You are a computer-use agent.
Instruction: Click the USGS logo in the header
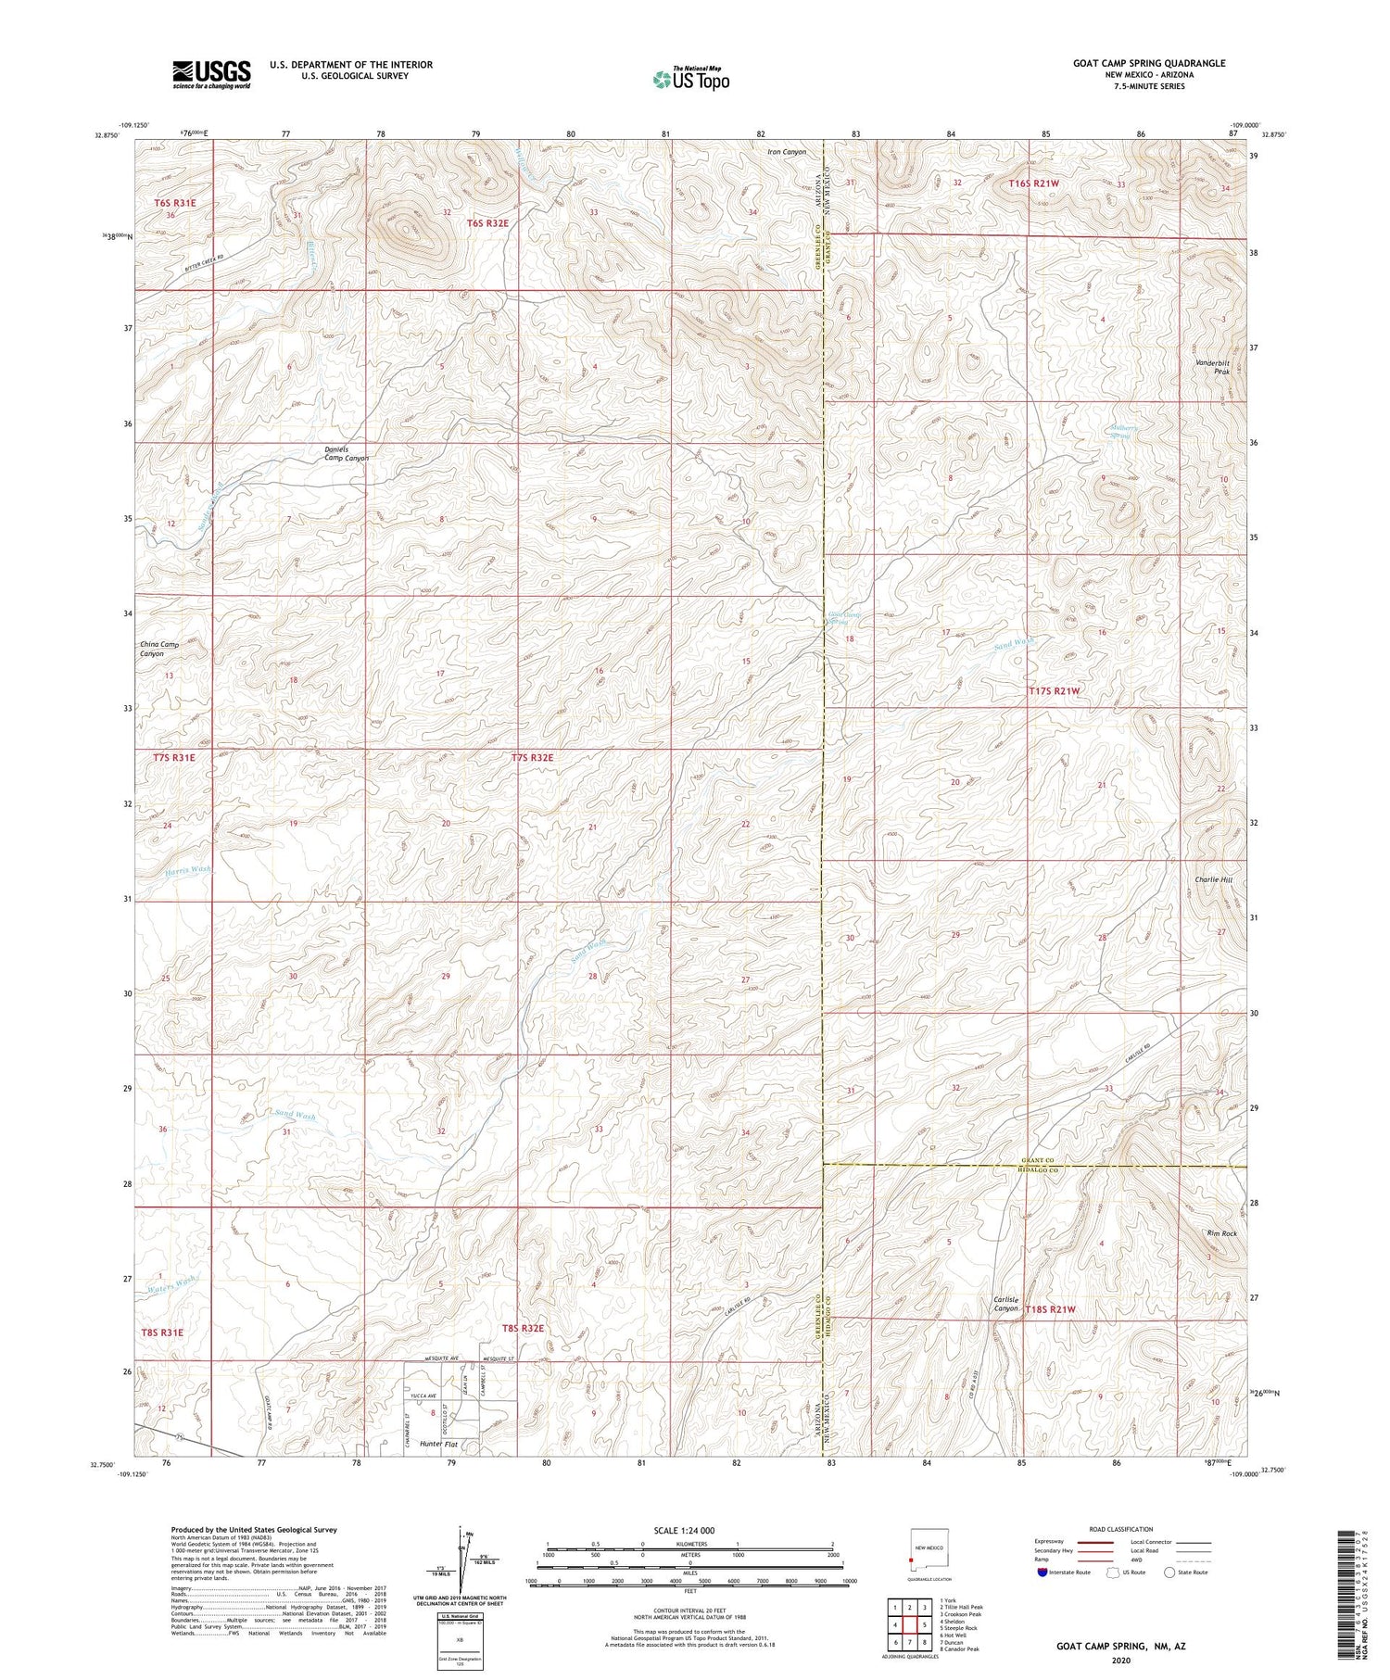(x=211, y=74)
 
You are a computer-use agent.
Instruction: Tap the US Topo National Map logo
(x=690, y=79)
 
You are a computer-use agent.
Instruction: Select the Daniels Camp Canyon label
(x=347, y=454)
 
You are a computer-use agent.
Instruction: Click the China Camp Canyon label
(x=158, y=649)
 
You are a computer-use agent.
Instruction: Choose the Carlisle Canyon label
(x=1005, y=1304)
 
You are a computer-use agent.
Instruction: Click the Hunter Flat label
(x=439, y=1444)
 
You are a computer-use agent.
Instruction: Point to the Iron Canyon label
(x=787, y=151)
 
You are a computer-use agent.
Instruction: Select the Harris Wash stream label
(x=189, y=871)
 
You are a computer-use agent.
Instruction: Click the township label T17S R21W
(x=1055, y=691)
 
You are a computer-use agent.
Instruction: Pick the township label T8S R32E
(x=523, y=1328)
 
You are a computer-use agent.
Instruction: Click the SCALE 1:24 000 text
(x=689, y=1530)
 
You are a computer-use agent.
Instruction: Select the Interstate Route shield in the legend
(x=1043, y=1573)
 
